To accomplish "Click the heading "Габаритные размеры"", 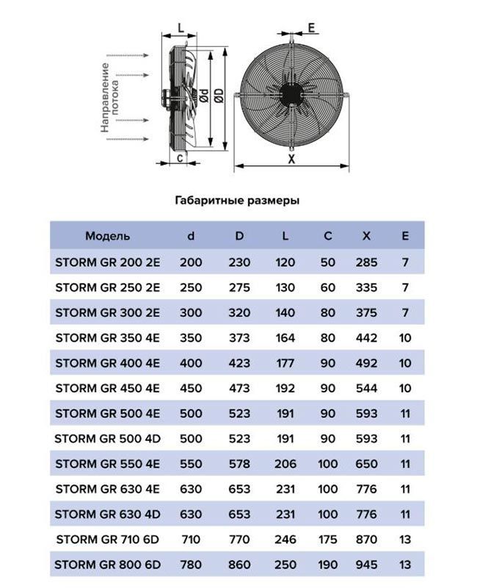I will pyautogui.click(x=238, y=200).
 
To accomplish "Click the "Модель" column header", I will pyautogui.click(x=107, y=236).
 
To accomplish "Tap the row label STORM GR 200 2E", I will pyautogui.click(x=107, y=262).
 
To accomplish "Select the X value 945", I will pyautogui.click(x=365, y=564).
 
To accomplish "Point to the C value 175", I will pyautogui.click(x=327, y=539).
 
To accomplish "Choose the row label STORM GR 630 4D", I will pyautogui.click(x=107, y=514).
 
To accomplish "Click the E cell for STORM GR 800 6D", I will pyautogui.click(x=405, y=564).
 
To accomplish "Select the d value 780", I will pyautogui.click(x=191, y=564).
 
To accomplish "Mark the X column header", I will pyautogui.click(x=365, y=236).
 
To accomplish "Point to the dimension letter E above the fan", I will pyautogui.click(x=311, y=28).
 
